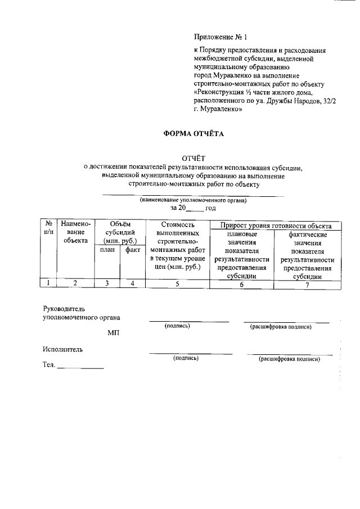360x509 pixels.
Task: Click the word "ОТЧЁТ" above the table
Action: tap(193, 158)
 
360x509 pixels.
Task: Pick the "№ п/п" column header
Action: tap(48, 228)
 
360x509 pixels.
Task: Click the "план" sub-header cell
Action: tap(107, 250)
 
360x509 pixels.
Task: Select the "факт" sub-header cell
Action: tap(133, 250)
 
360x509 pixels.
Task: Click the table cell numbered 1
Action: tap(48, 283)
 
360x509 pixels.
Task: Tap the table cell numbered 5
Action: tap(177, 283)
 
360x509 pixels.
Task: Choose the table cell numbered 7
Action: tap(307, 284)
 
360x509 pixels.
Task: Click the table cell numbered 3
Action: tap(107, 283)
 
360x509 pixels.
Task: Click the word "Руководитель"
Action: tap(64, 309)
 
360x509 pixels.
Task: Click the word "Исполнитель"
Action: tap(62, 349)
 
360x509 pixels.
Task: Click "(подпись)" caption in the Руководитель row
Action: tap(177, 326)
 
